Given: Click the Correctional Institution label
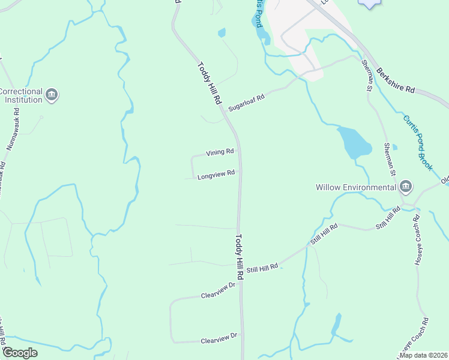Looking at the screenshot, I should point(21,96).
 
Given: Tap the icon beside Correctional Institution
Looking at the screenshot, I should point(52,95).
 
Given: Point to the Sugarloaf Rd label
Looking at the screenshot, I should point(246,100).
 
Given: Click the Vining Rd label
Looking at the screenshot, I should point(220,152).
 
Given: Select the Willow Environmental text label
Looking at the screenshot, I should point(356,187).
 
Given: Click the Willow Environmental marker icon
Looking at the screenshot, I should point(406,187).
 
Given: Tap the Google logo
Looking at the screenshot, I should point(19,353).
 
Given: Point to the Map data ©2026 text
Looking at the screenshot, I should point(423,355).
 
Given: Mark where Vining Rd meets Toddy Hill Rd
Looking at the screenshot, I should point(238,151).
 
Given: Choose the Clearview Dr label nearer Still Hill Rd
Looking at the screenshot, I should point(216,295).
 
